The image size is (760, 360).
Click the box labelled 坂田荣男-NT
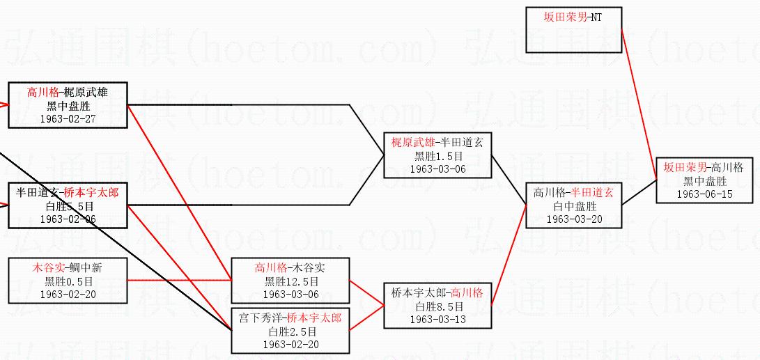573,18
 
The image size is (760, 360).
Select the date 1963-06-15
704,194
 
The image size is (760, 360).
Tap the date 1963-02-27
68,119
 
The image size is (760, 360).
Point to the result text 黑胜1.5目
437,156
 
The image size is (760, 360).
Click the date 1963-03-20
574,219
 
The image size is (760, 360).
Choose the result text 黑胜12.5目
291,281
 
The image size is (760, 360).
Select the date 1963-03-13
437,319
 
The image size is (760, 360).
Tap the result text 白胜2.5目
291,331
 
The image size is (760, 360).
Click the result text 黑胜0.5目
68,281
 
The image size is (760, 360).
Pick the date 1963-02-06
68,219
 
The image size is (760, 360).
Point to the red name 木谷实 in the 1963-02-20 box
46,267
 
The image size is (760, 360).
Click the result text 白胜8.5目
437,306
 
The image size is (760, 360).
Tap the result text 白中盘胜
574,206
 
